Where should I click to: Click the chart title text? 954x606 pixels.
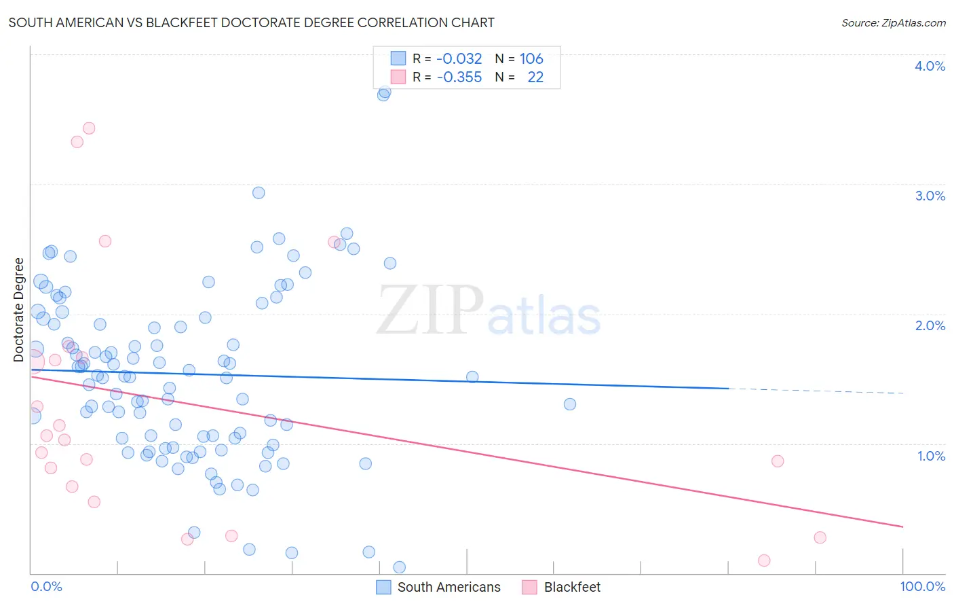pyautogui.click(x=251, y=22)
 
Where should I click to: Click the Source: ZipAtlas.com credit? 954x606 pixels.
pyautogui.click(x=893, y=22)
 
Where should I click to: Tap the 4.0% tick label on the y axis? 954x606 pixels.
pyautogui.click(x=930, y=66)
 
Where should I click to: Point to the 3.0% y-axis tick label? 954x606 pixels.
pyautogui.click(x=930, y=196)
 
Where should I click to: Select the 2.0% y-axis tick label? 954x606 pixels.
pyautogui.click(x=930, y=325)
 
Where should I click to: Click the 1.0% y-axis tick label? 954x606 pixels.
pyautogui.click(x=931, y=456)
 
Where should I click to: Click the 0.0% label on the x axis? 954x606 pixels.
pyautogui.click(x=46, y=586)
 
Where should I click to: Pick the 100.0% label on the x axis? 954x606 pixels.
pyautogui.click(x=922, y=586)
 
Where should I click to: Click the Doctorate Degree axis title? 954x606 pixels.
pyautogui.click(x=19, y=309)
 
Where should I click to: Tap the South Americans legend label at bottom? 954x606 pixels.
pyautogui.click(x=449, y=587)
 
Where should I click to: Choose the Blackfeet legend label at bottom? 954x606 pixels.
pyautogui.click(x=572, y=587)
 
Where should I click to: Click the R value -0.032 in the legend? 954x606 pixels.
pyautogui.click(x=459, y=58)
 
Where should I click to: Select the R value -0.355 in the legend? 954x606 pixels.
pyautogui.click(x=459, y=77)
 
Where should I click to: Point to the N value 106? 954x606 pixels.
pyautogui.click(x=531, y=58)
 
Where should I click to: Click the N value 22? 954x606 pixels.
pyautogui.click(x=535, y=77)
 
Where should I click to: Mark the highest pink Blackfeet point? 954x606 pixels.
pyautogui.click(x=89, y=128)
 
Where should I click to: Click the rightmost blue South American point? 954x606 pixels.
pyautogui.click(x=570, y=404)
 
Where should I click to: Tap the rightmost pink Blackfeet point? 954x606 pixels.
pyautogui.click(x=820, y=537)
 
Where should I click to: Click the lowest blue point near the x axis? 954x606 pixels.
pyautogui.click(x=400, y=567)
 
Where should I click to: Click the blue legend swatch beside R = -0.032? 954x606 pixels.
pyautogui.click(x=398, y=58)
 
